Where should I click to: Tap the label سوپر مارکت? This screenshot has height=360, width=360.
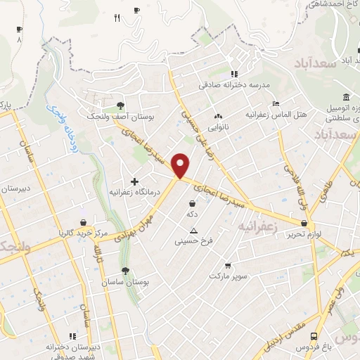(x=227, y=276)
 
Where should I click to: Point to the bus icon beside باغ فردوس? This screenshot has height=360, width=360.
(x=314, y=336)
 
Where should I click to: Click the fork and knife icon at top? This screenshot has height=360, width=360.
(x=117, y=18)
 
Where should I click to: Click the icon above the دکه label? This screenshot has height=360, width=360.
(x=192, y=203)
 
